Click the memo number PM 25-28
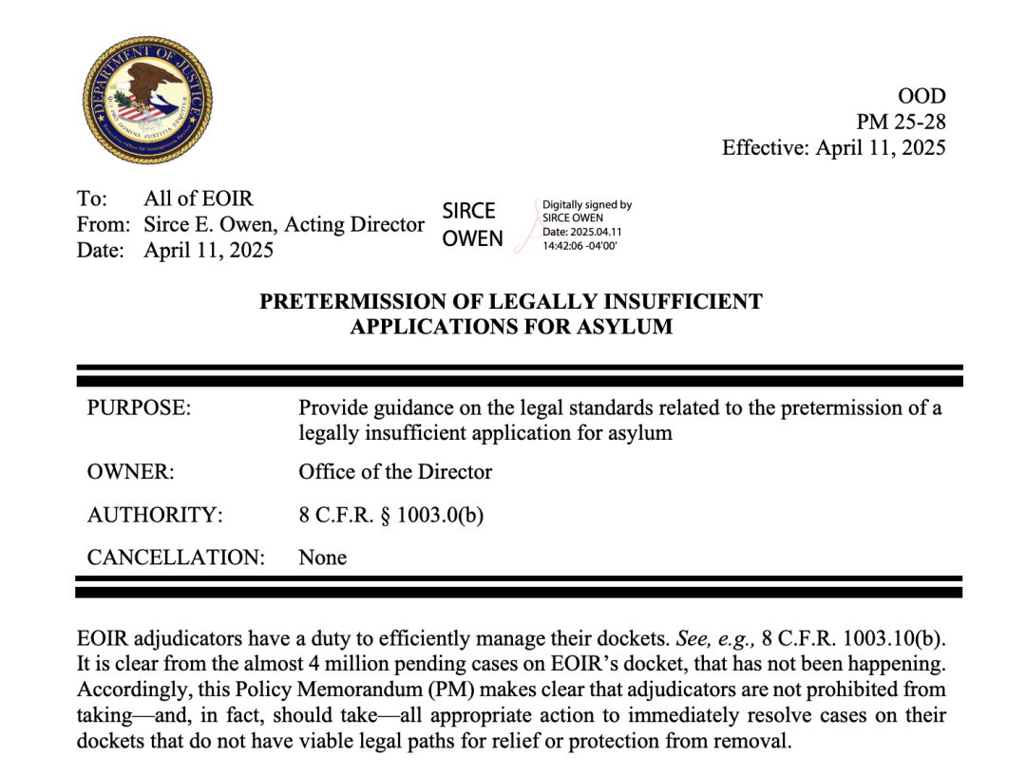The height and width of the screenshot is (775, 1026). tap(901, 122)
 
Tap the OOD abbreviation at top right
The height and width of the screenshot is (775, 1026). tap(921, 96)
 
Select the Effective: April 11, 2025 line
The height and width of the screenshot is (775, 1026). tap(833, 147)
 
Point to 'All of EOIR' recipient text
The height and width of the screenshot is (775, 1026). tap(199, 199)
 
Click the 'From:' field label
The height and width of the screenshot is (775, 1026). tap(103, 225)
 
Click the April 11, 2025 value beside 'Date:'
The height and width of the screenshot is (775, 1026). tap(208, 251)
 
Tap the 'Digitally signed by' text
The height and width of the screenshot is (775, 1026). tap(586, 204)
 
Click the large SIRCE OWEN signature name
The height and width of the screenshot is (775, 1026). tap(472, 225)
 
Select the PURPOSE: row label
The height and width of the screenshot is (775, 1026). tap(139, 408)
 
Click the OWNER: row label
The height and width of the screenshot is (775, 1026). tap(130, 472)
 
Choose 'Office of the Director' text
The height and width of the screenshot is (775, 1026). tap(395, 472)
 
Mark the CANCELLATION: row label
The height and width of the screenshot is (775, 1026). tap(176, 558)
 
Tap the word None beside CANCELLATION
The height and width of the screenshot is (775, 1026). tap(322, 558)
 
